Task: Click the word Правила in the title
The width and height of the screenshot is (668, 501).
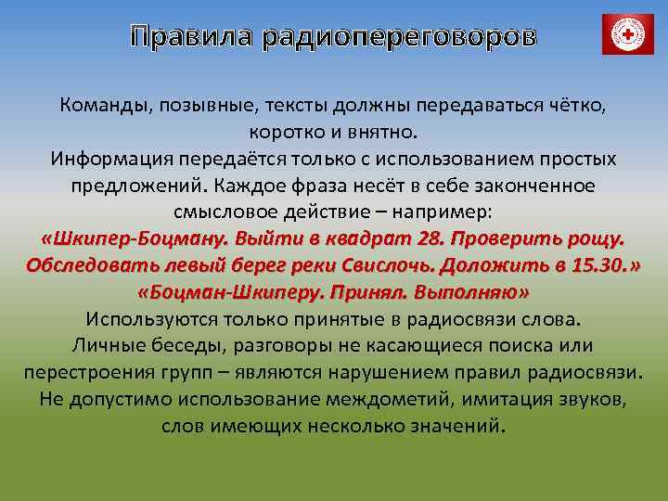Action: pyautogui.click(x=191, y=37)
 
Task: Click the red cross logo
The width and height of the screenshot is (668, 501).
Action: pyautogui.click(x=628, y=34)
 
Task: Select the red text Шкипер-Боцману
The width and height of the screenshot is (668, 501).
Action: pyautogui.click(x=132, y=238)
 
